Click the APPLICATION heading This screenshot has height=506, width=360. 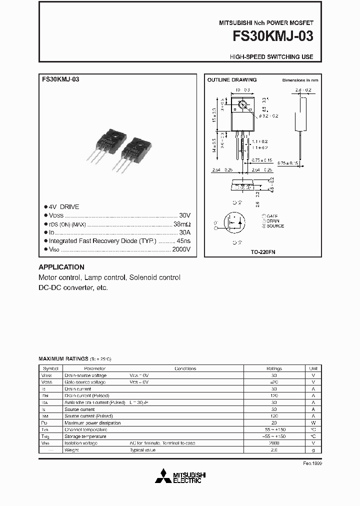coord(61,267)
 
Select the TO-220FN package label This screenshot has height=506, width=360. coord(263,252)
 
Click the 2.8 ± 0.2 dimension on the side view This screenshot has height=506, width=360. coord(303,90)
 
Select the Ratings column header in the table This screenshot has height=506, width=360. coord(273,368)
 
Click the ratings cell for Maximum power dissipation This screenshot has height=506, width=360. coord(273,422)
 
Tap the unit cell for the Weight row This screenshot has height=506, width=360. coord(313,450)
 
